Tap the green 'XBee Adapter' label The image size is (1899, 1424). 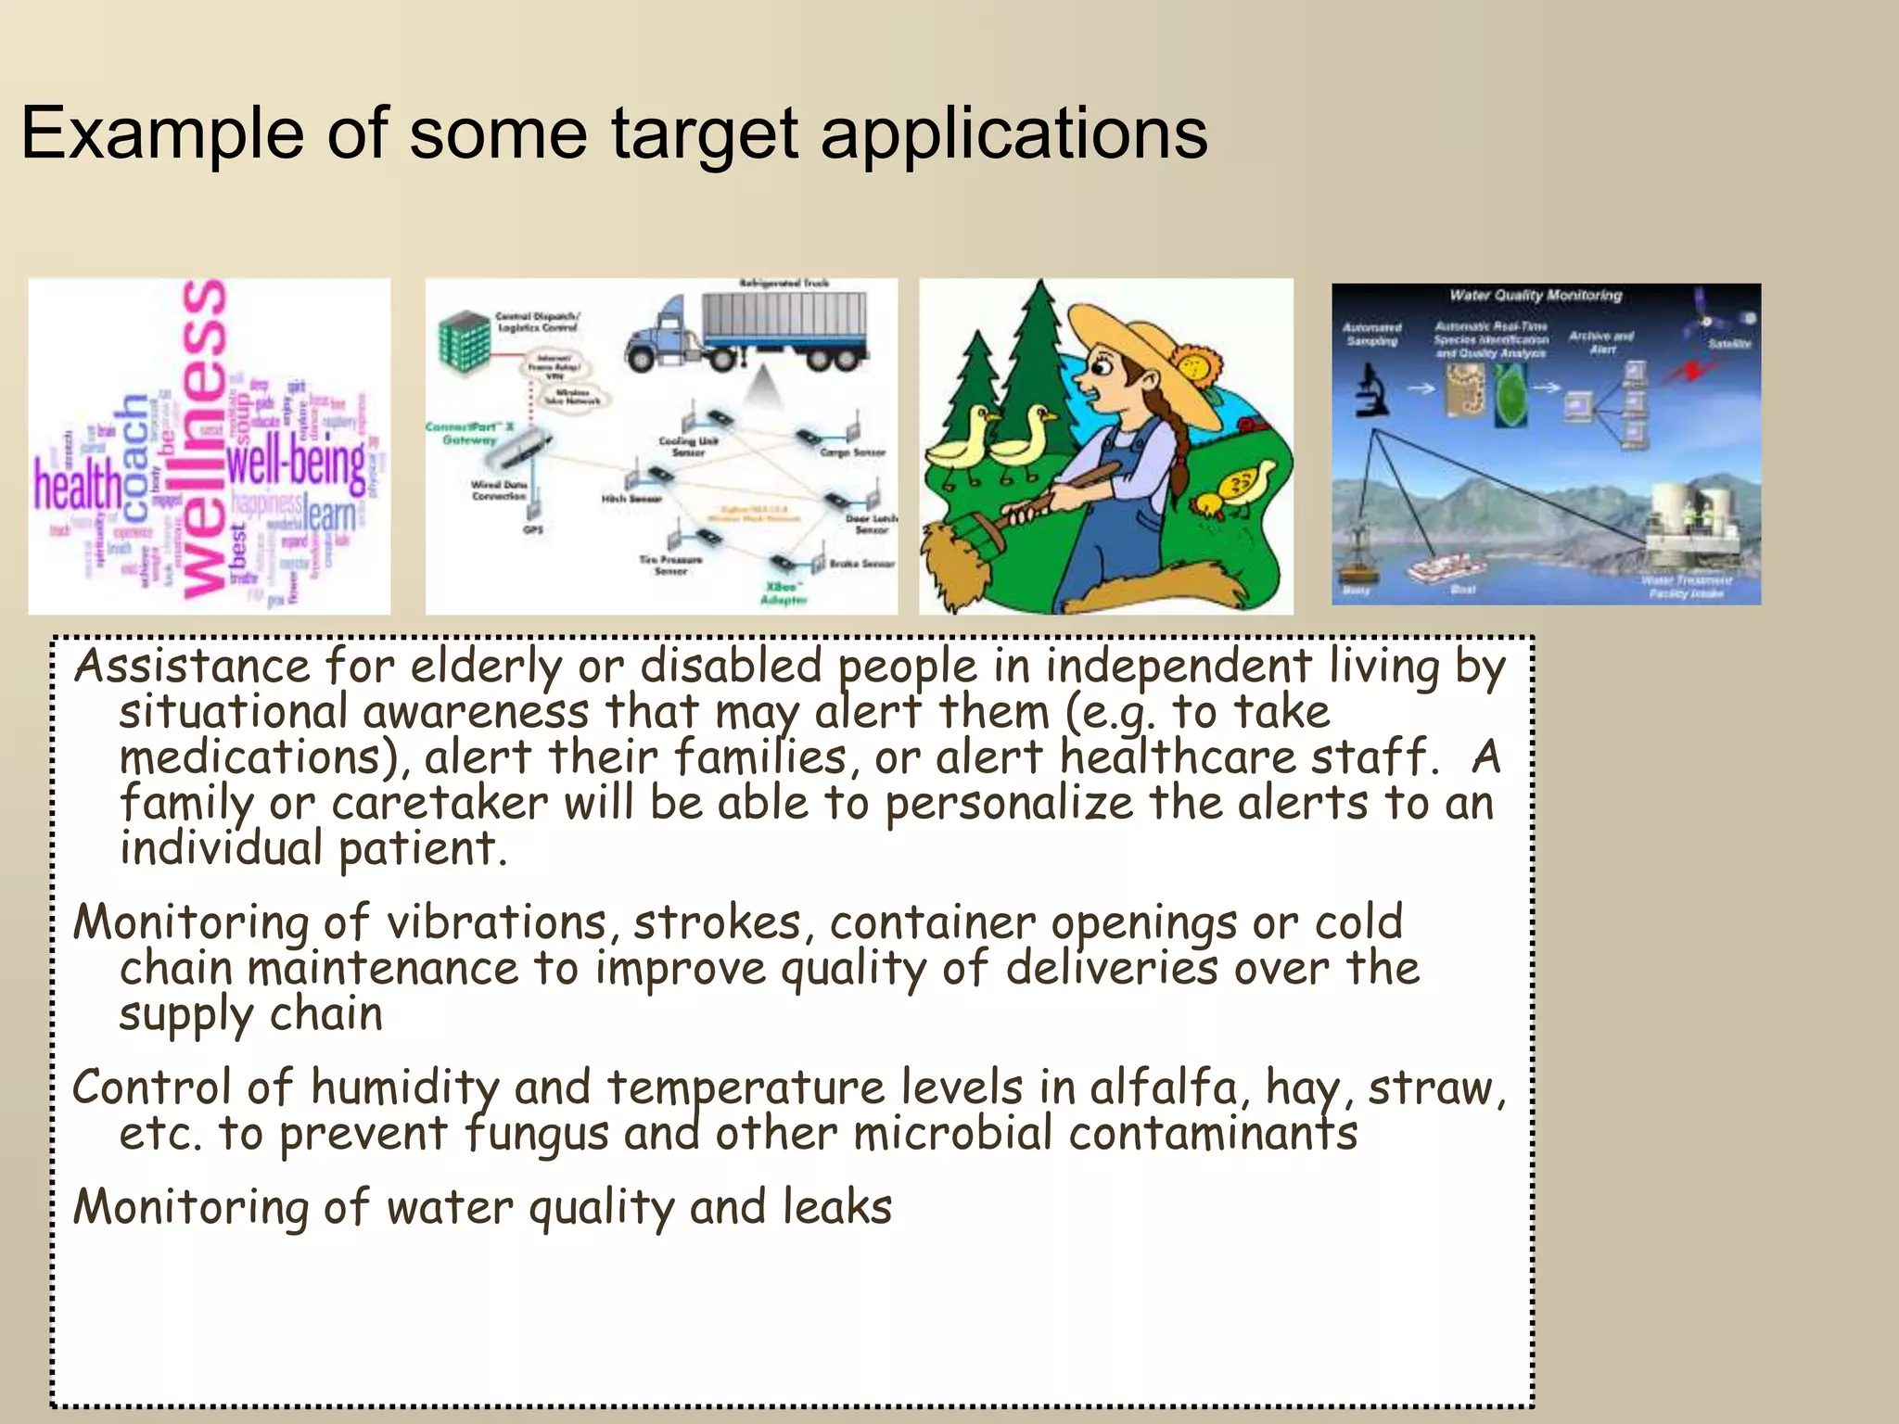pos(784,593)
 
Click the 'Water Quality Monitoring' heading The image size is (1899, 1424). pos(1536,296)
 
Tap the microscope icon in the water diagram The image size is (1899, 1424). pos(1370,388)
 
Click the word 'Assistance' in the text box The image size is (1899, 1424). pos(192,667)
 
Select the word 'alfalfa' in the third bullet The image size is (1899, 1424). pos(1164,1088)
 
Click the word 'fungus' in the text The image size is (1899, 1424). pos(535,1134)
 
